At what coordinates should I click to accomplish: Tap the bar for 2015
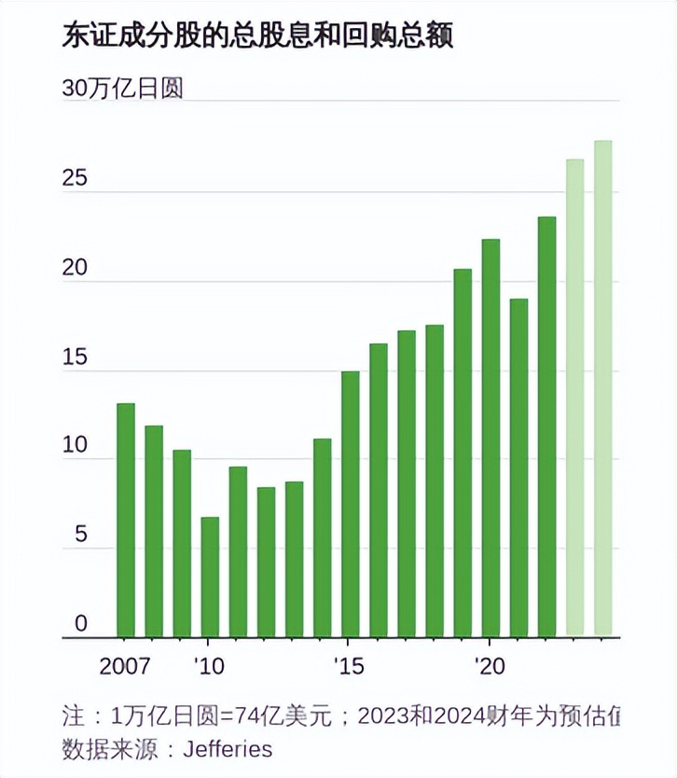coord(350,504)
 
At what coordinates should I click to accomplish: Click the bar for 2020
coord(490,438)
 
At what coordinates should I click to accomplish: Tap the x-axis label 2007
coord(126,668)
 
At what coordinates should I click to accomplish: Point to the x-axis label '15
coord(348,668)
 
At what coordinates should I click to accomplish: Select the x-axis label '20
coord(489,668)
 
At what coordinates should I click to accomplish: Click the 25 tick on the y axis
coord(75,177)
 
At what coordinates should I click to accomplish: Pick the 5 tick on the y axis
coord(80,535)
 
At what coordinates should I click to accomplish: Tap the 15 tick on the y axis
coord(75,356)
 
